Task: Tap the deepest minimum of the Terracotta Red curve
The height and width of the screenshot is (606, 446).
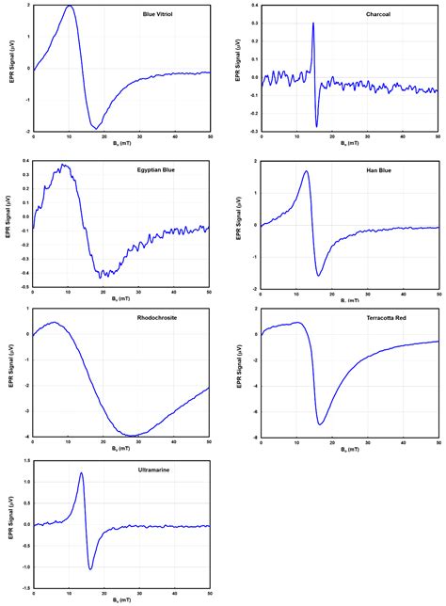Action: click(x=320, y=424)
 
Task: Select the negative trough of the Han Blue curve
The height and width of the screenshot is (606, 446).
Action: click(x=319, y=276)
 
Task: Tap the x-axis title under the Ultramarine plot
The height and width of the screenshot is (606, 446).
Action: click(x=119, y=598)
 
